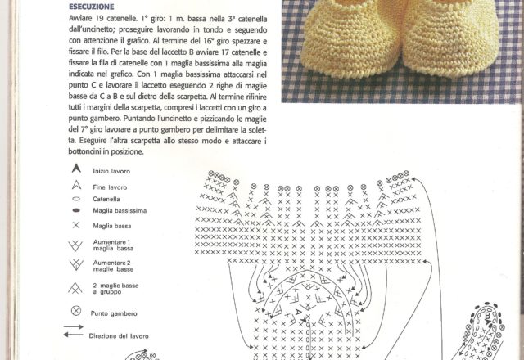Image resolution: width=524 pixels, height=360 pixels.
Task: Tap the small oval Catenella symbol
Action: (x=76, y=198)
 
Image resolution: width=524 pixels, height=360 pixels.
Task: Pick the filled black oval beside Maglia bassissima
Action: (x=76, y=210)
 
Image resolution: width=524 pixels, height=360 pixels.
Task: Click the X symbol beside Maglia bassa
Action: (x=76, y=224)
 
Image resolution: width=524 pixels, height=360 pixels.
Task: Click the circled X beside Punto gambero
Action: (x=76, y=312)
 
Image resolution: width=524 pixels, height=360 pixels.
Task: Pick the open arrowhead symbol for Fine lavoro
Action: (x=76, y=186)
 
